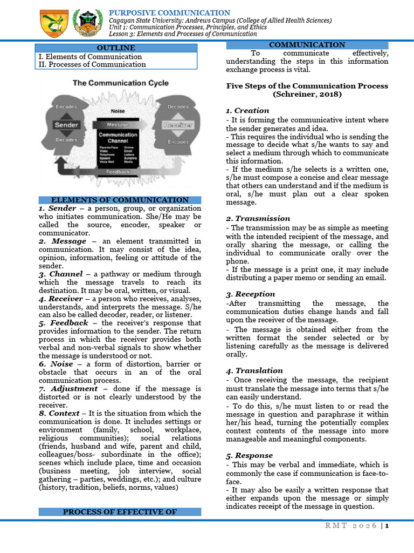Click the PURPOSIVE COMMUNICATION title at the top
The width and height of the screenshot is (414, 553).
click(x=169, y=12)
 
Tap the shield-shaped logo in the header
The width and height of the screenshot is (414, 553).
click(x=53, y=23)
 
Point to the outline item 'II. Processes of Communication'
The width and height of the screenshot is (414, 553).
click(x=92, y=64)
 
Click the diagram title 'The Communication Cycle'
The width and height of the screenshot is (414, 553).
click(x=121, y=83)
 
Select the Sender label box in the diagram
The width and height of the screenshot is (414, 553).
click(x=67, y=125)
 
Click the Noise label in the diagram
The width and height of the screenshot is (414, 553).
click(x=118, y=111)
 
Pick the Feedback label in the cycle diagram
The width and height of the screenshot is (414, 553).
click(x=118, y=172)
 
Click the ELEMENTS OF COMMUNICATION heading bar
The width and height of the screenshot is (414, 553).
click(x=119, y=200)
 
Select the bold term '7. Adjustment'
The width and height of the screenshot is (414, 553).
click(x=68, y=389)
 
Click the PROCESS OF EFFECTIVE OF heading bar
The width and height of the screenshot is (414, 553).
click(x=119, y=511)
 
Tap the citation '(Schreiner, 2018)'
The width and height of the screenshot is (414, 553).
click(x=307, y=94)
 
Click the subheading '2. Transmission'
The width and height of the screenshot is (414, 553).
click(x=258, y=219)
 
